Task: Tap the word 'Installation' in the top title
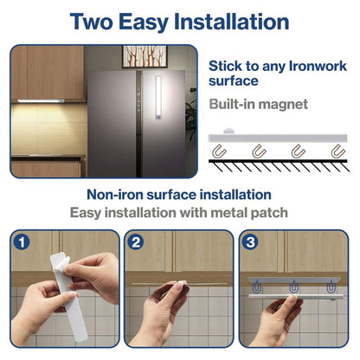[229, 22]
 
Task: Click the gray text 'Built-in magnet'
[257, 104]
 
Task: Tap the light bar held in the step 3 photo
[294, 297]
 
